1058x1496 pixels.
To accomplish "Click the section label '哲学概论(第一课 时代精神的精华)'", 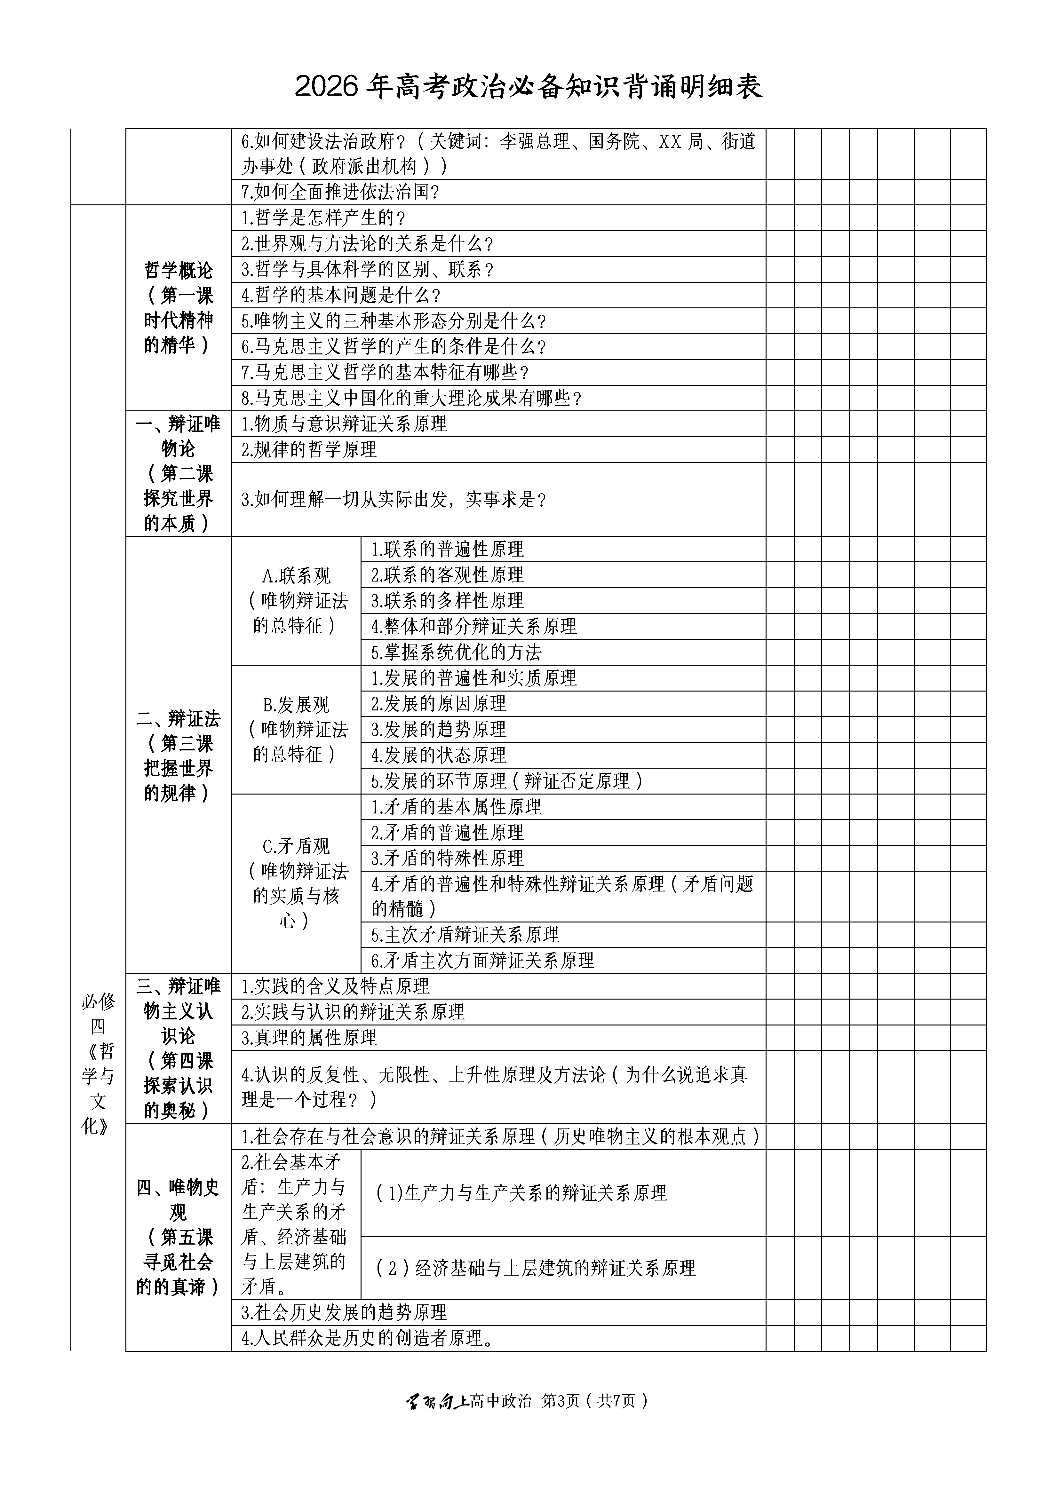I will tap(178, 307).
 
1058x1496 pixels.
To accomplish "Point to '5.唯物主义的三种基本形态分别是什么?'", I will tap(394, 321).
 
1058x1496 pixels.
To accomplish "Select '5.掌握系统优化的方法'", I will tap(456, 652).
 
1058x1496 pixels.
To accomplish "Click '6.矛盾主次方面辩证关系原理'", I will tap(482, 961).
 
